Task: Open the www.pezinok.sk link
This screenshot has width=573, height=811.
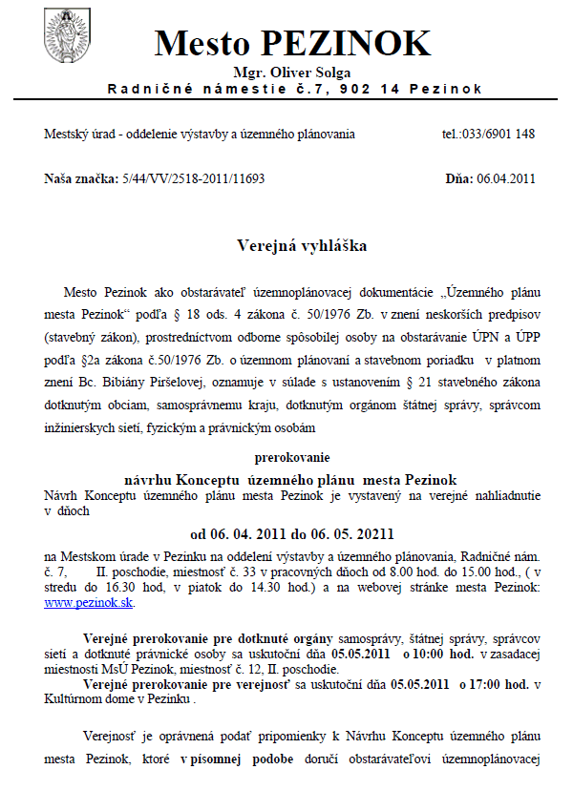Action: [90, 603]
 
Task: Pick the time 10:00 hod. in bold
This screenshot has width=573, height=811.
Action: [438, 656]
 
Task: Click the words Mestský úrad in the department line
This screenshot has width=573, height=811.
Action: [75, 135]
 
